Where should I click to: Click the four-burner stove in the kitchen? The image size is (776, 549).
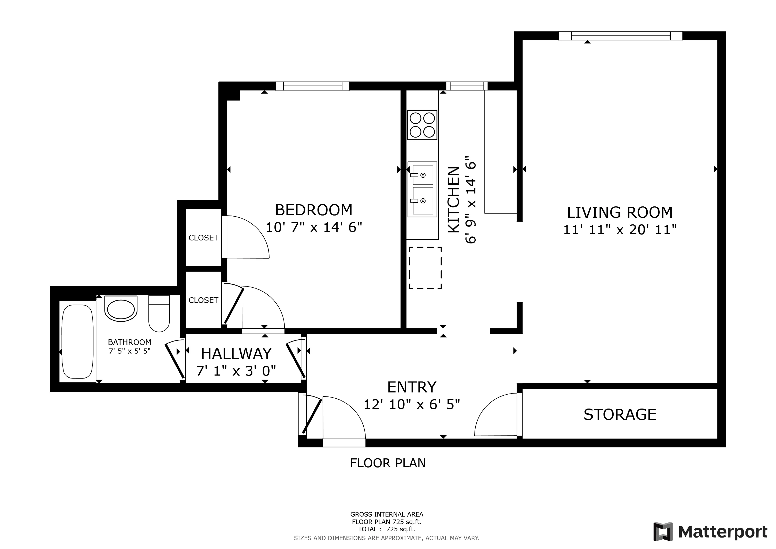(x=422, y=125)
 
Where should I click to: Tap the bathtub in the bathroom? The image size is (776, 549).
(x=78, y=342)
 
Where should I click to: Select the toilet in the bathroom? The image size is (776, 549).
(x=159, y=314)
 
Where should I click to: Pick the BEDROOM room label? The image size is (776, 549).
(x=314, y=210)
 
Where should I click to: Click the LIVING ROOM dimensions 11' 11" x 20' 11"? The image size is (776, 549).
(x=620, y=230)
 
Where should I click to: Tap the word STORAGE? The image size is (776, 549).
(x=620, y=414)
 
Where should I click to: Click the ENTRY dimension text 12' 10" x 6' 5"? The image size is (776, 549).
(x=411, y=404)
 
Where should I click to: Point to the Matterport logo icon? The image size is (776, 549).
(x=663, y=532)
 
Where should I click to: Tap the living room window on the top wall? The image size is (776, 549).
(x=620, y=36)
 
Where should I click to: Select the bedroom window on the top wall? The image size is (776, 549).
(x=312, y=86)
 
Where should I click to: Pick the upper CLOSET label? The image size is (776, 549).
(x=203, y=238)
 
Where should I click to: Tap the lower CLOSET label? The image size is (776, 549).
(x=203, y=300)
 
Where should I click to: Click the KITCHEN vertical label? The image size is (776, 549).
(x=454, y=199)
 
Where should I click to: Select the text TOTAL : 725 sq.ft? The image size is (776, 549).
(x=387, y=529)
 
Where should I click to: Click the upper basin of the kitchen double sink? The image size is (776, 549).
(x=423, y=175)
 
